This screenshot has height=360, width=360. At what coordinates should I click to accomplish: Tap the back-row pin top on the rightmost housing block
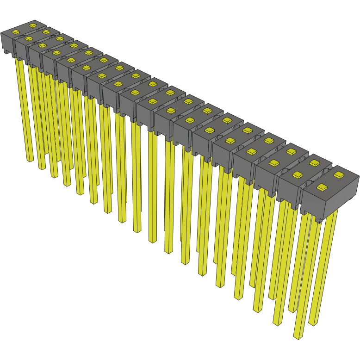[x=339, y=175]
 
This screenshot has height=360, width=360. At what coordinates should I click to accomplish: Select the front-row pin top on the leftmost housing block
[x=15, y=32]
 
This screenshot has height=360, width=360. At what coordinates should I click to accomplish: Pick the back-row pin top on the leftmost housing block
[x=32, y=24]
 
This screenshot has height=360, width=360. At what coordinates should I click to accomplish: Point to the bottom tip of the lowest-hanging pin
[x=297, y=336]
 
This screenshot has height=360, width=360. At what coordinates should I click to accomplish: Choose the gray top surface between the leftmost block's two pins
[x=24, y=28]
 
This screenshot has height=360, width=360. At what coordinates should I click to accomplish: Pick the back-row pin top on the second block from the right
[x=315, y=162]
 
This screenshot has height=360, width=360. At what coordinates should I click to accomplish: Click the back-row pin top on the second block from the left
[x=46, y=31]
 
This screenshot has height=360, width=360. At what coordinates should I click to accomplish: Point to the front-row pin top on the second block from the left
[x=29, y=38]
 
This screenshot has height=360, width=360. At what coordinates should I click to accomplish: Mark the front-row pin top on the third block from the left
[x=42, y=45]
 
